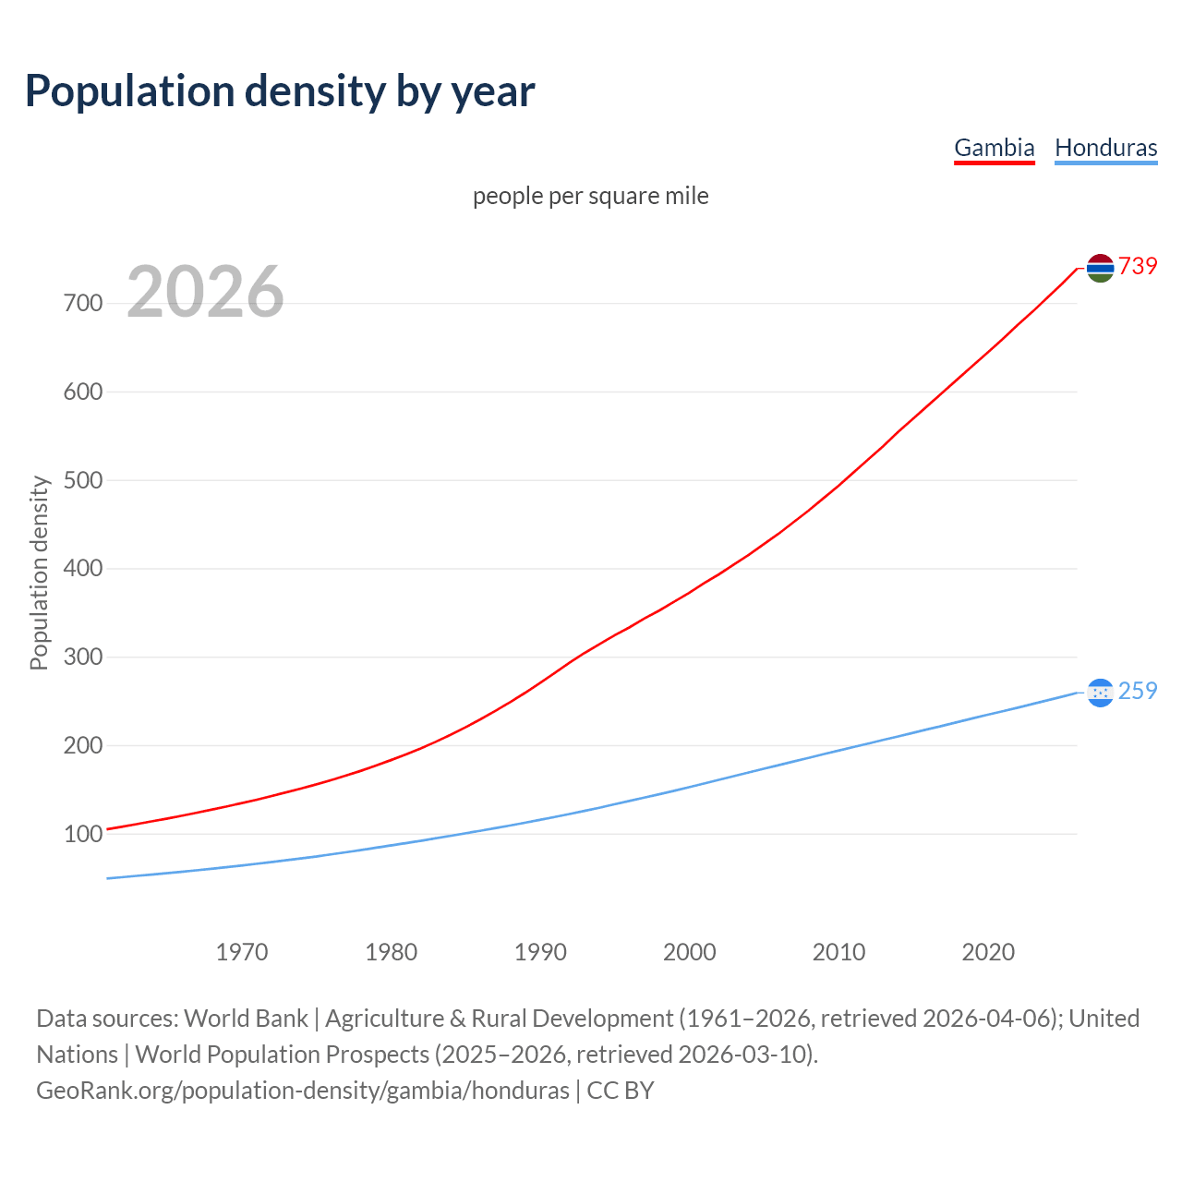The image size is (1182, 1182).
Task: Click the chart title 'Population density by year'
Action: coord(280,91)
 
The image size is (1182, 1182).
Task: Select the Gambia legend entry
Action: coord(994,148)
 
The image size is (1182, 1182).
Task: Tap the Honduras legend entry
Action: coord(1105,148)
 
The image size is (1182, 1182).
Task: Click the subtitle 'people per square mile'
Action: coord(590,197)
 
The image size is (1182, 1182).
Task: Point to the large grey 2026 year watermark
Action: coord(205,292)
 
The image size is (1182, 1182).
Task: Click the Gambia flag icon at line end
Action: coord(1100,268)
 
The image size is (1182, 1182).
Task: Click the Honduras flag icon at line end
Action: coord(1100,692)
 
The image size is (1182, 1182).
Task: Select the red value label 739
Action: coord(1138,266)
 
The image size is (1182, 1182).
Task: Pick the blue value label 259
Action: coord(1138,691)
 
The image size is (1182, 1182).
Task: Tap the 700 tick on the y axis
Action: coord(82,304)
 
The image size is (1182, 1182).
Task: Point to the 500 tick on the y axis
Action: coord(82,480)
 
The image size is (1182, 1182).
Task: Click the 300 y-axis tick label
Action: coord(82,657)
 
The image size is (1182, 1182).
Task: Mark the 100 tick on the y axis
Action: coord(82,834)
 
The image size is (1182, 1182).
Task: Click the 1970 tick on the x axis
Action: coord(242,952)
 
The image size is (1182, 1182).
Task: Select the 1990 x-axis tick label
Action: coord(540,952)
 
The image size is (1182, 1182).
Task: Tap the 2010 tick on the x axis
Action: coord(838,952)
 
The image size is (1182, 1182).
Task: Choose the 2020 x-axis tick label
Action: coord(988,952)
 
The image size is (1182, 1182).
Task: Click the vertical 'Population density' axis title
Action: coord(39,573)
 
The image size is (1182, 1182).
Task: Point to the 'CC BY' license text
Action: coord(621,1091)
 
